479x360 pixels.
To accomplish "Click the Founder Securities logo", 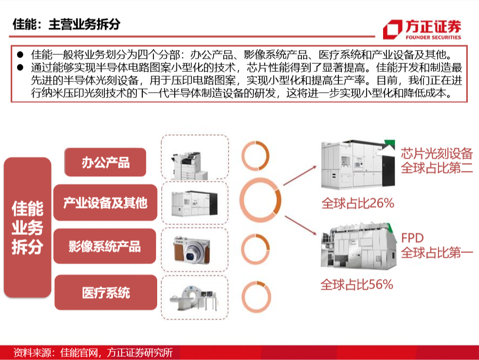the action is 422,30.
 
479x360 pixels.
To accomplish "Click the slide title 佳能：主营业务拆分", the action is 66,24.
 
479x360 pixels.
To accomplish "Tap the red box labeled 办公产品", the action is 105,162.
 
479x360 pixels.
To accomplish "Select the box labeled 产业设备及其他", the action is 105,202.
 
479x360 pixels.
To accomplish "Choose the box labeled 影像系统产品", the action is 104,246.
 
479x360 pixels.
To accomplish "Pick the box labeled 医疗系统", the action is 105,292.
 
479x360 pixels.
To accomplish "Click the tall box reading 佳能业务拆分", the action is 28,227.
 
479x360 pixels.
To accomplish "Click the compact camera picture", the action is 192,249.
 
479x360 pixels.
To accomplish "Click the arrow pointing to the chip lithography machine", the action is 300,176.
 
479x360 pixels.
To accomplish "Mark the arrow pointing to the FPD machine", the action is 301,225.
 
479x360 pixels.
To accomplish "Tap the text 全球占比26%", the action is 358,203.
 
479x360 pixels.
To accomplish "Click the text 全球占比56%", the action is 357,284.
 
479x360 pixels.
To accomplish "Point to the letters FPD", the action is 412,238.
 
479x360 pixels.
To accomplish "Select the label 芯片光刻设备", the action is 437,153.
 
